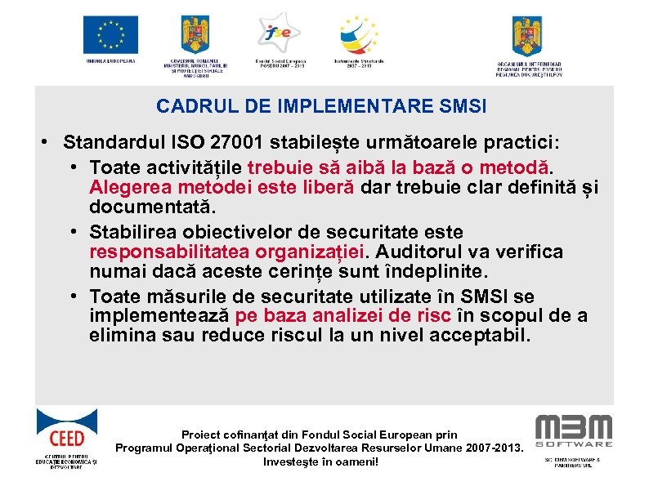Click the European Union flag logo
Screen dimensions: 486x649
110,34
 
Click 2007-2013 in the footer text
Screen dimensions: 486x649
485,448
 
